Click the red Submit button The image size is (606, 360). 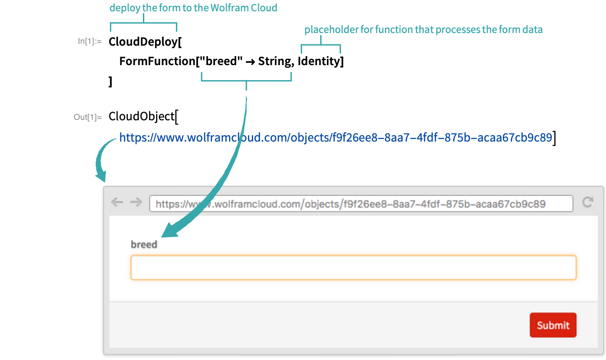(x=553, y=325)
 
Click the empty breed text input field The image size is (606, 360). (x=353, y=268)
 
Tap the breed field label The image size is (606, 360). (x=144, y=245)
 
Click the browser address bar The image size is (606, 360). (x=361, y=204)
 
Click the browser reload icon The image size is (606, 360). (x=587, y=202)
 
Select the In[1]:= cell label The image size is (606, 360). (x=90, y=42)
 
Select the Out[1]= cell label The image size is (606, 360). (x=88, y=118)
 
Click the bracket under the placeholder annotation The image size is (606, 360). (x=321, y=45)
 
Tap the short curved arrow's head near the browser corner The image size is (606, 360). (x=100, y=175)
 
